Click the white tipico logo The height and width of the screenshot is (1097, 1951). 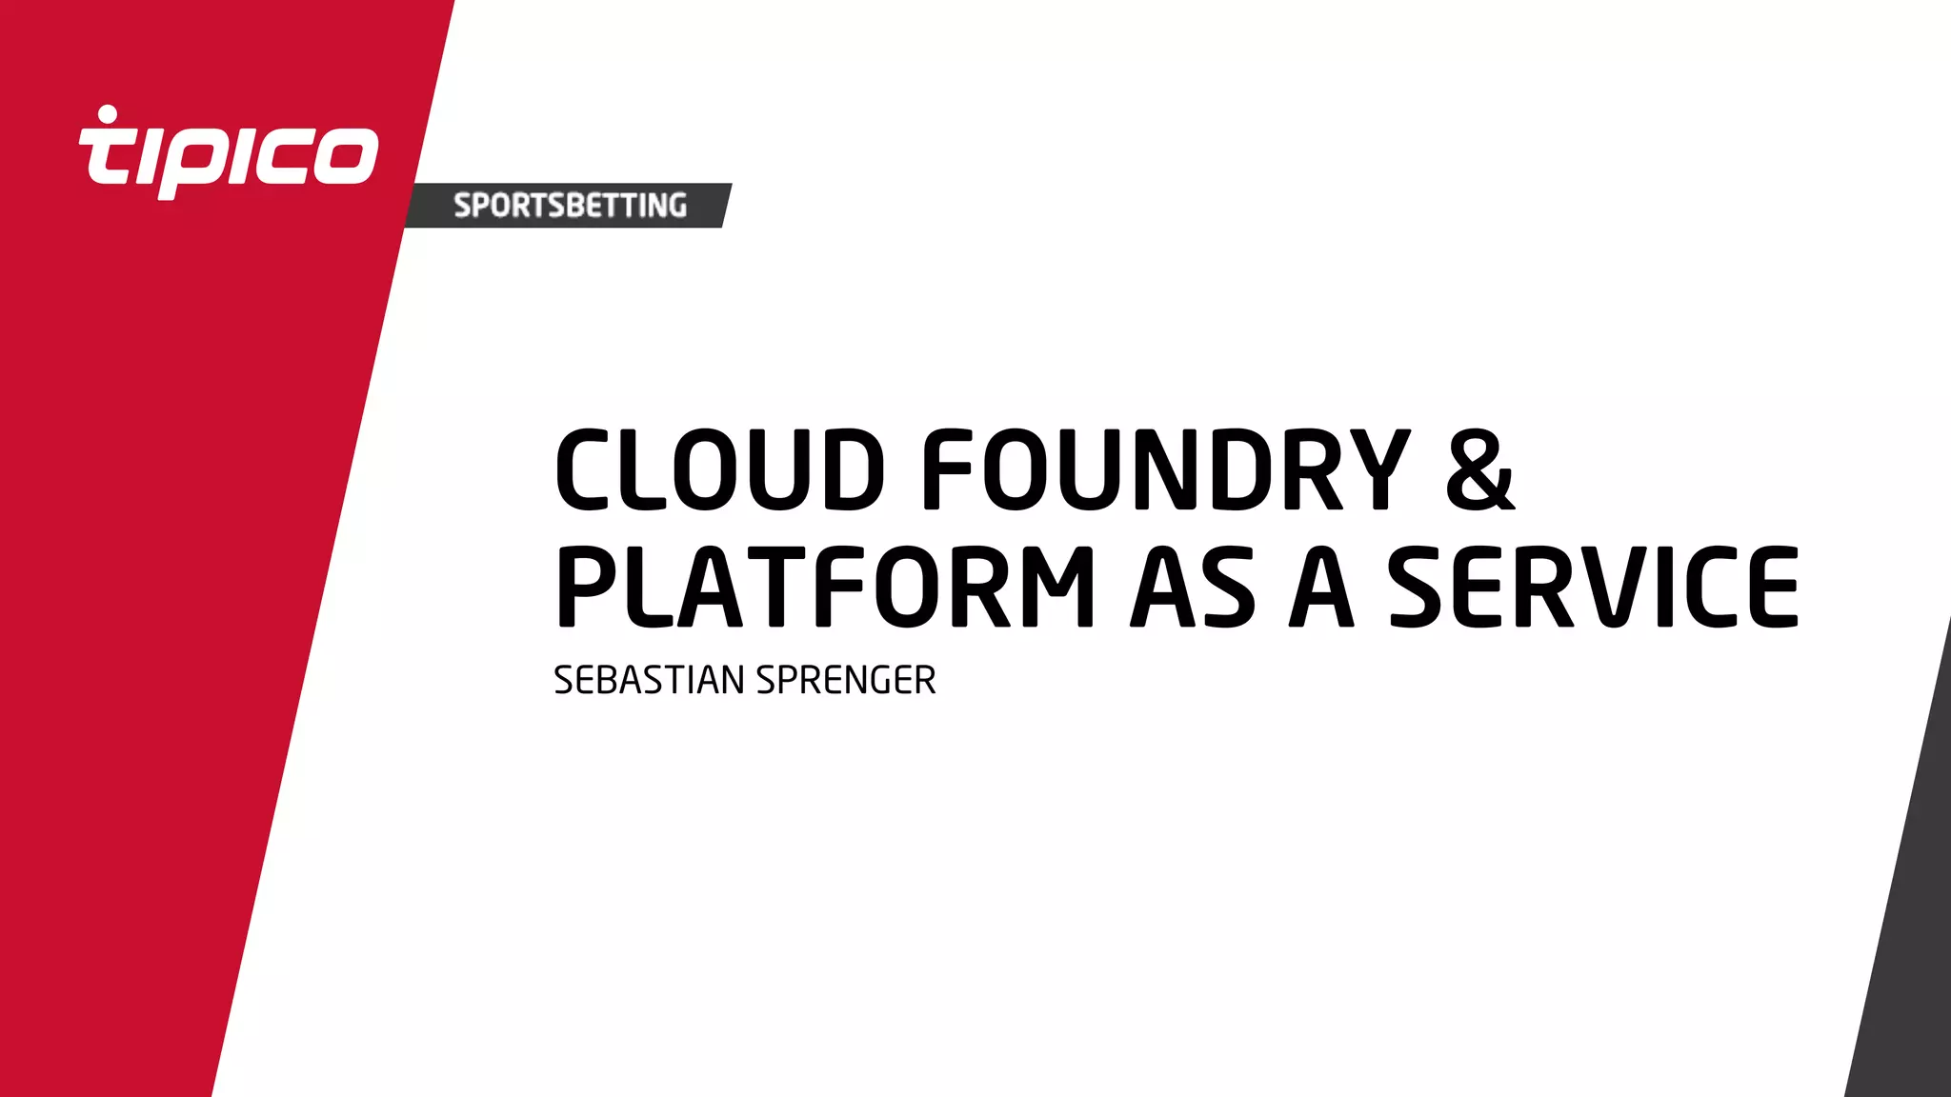click(229, 152)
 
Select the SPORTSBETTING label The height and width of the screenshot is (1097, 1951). click(570, 206)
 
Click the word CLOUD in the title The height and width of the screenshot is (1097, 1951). click(720, 469)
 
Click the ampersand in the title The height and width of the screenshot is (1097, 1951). click(1479, 469)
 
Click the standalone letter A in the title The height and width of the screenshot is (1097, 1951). click(1321, 588)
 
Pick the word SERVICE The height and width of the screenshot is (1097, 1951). click(1594, 588)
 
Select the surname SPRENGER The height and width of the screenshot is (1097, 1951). click(846, 681)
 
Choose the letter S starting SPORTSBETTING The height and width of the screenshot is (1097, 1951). click(462, 206)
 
